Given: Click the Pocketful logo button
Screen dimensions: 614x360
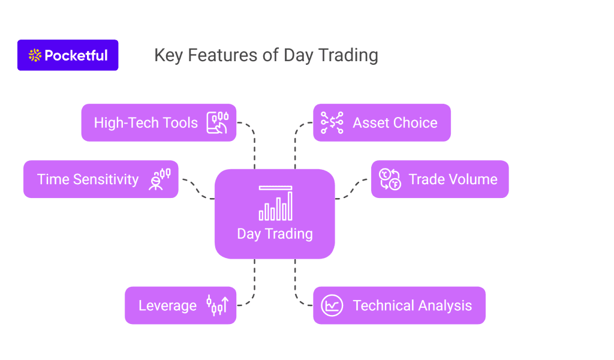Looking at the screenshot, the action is pos(68,55).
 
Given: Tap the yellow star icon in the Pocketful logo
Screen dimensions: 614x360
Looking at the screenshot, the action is pos(35,55).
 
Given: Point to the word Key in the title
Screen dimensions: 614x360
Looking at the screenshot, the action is pos(168,56).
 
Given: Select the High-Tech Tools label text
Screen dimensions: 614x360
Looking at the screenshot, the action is pos(146,123).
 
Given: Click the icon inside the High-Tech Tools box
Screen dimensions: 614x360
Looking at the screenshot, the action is pos(218,122).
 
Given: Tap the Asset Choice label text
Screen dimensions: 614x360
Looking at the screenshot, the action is pos(395,123).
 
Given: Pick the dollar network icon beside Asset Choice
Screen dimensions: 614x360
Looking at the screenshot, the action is pos(332,122).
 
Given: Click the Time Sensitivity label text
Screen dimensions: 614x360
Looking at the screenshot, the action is pos(88,179).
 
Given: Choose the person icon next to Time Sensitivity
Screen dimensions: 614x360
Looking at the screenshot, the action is pos(159,179).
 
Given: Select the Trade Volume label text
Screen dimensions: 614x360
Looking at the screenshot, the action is pos(453,179).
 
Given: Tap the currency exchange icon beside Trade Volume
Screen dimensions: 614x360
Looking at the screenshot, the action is pos(390,179).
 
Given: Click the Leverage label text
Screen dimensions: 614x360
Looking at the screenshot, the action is pos(168,305).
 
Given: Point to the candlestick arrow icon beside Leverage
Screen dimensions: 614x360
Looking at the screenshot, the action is pos(218,305).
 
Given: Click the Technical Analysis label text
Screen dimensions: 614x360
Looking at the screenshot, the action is pos(413,305).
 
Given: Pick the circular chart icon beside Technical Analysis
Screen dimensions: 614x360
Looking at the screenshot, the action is pos(332,305).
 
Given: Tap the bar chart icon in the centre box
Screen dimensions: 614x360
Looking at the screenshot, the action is pos(275,203).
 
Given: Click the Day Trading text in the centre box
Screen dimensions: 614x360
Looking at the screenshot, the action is pos(275,234).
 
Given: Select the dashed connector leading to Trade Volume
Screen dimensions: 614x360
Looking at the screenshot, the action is pos(351,190).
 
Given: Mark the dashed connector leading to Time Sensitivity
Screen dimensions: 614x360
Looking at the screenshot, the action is pos(198,190).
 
